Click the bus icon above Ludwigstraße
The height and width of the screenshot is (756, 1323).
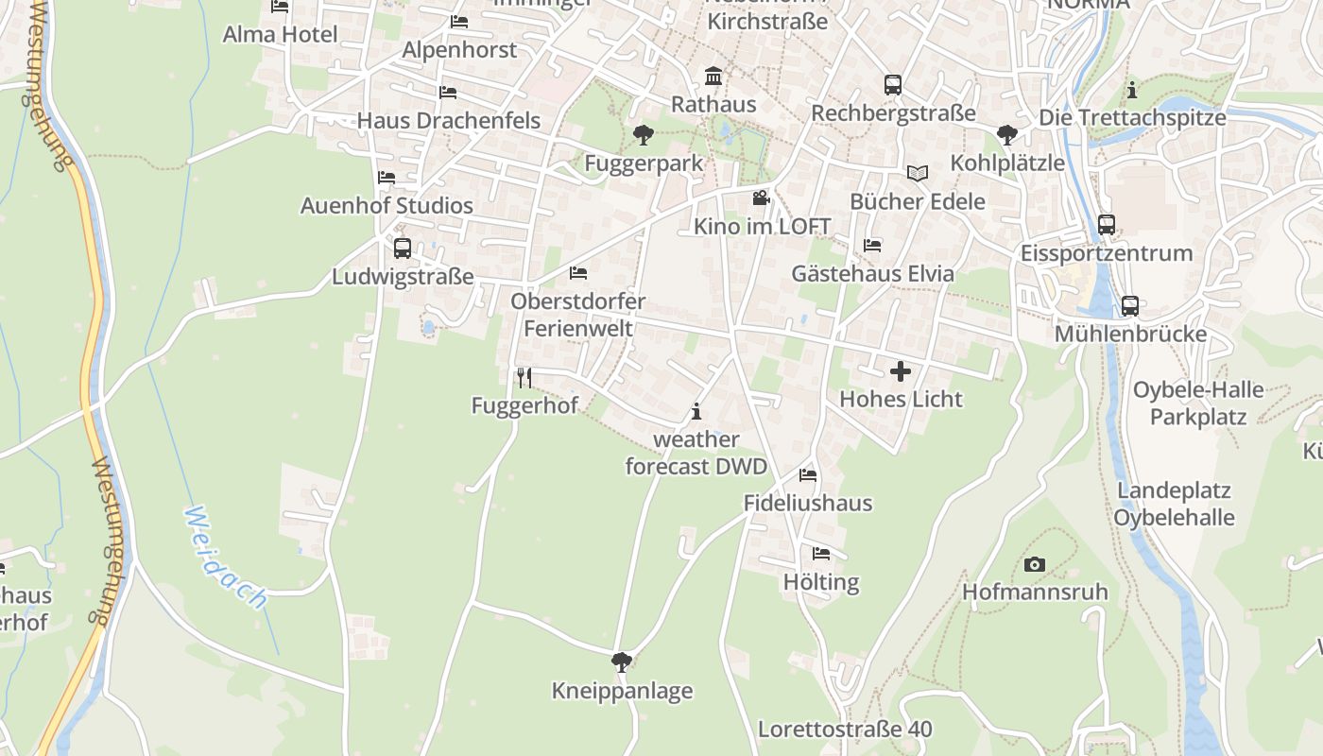(402, 249)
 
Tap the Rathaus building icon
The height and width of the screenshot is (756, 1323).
(713, 76)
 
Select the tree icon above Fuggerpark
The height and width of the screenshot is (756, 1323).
(644, 135)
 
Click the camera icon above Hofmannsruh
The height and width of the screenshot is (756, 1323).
(1035, 564)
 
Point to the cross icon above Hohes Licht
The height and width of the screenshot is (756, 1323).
(901, 371)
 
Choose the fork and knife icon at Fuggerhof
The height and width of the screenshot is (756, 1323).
(524, 378)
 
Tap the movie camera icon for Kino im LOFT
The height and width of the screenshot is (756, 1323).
(761, 198)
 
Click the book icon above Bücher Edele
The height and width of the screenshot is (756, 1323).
(917, 173)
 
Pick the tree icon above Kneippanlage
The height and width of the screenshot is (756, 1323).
(621, 662)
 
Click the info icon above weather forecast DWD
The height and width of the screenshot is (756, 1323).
(696, 411)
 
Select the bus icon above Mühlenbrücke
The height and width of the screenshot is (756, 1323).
(1129, 306)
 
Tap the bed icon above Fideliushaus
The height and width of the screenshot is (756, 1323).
(808, 474)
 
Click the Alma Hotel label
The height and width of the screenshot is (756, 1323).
(280, 35)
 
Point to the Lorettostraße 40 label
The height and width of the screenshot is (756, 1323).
(845, 730)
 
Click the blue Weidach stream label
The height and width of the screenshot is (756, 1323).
(226, 557)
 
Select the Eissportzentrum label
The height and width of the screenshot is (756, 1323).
(1107, 253)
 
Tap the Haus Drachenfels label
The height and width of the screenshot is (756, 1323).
(448, 120)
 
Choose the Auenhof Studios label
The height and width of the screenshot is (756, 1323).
(387, 205)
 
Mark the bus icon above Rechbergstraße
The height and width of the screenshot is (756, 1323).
(893, 85)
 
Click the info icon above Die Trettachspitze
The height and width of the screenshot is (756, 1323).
(1132, 91)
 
